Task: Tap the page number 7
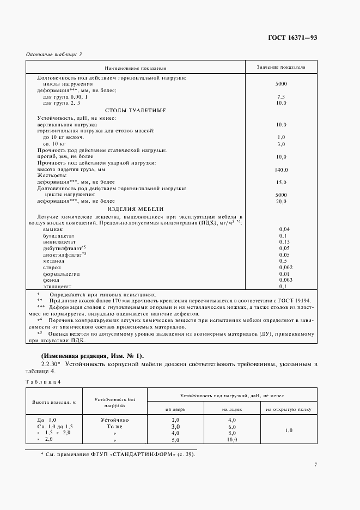(315, 464)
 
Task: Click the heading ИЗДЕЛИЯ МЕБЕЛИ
(135, 209)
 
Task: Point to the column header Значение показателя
(281, 68)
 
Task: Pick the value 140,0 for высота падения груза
(281, 170)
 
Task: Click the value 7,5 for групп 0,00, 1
(281, 96)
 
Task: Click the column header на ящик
(232, 409)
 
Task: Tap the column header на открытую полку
(289, 409)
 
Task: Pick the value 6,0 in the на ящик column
(232, 427)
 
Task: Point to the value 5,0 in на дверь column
(175, 439)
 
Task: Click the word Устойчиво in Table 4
(114, 420)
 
